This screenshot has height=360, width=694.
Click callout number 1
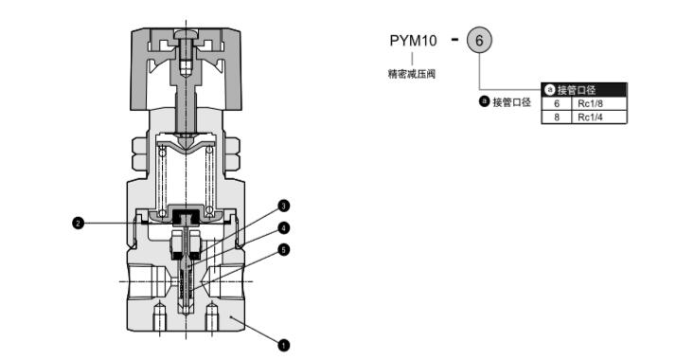(x=283, y=345)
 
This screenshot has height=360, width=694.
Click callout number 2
(x=78, y=223)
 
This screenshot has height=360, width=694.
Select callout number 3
(x=284, y=206)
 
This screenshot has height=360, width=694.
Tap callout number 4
(x=284, y=228)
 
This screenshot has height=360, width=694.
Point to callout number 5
(x=284, y=250)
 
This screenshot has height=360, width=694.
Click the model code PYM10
(x=413, y=41)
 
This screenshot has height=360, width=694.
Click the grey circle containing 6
(x=479, y=41)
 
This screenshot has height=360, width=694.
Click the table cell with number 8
(x=557, y=117)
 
